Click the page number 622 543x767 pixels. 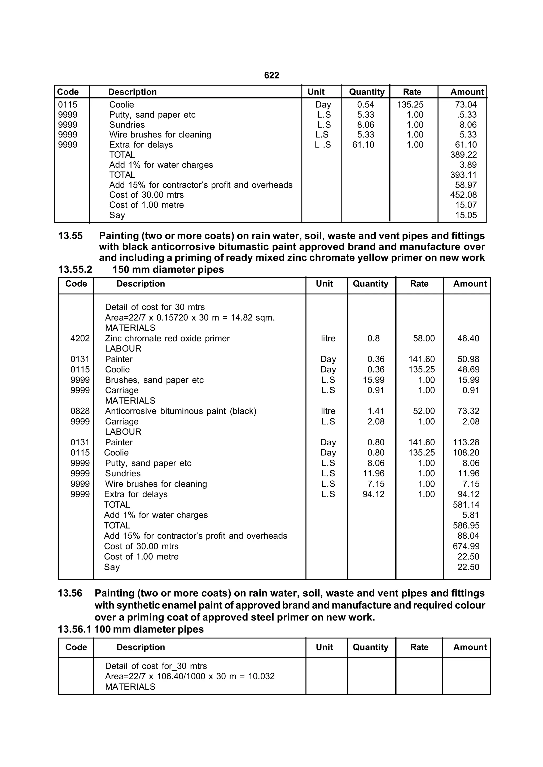(271, 76)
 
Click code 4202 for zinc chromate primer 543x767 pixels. (80, 338)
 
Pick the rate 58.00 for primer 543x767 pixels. (424, 338)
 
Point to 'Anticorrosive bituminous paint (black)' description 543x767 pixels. (181, 411)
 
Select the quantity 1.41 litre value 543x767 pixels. (376, 411)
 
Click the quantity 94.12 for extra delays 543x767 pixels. (374, 494)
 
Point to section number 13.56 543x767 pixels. (70, 593)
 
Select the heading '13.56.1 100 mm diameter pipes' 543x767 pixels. (131, 629)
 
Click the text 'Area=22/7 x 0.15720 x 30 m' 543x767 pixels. (162, 317)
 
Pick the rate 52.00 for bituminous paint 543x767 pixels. (424, 411)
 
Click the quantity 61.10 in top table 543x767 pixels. (363, 145)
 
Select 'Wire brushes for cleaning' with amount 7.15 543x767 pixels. (156, 484)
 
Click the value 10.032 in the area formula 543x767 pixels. (261, 676)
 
